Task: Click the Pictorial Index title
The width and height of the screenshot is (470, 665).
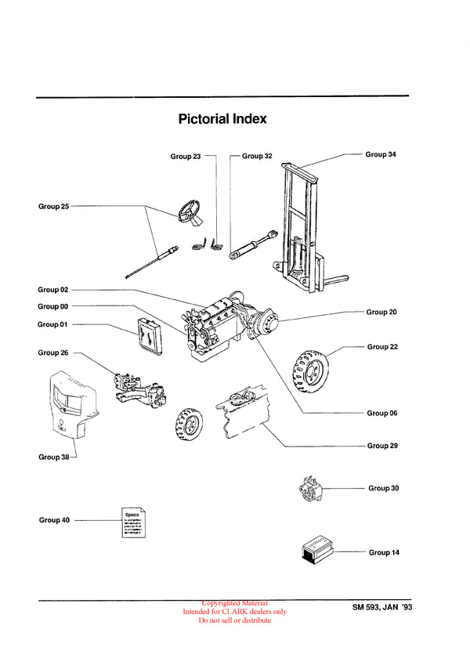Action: coord(222,119)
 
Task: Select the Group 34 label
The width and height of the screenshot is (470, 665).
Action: coord(381,154)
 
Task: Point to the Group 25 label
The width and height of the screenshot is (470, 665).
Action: coord(54,207)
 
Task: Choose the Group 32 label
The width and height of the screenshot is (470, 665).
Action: coord(257,156)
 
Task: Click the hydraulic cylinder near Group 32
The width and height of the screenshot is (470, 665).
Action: coord(252,245)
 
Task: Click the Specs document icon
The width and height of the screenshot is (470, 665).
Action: coord(133,521)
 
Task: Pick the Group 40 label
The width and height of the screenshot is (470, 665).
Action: coord(54,519)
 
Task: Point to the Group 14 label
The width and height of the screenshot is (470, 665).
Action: coord(384,552)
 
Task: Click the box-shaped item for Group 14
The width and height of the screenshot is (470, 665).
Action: coord(321,551)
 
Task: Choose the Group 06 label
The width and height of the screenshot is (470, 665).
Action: coord(382,413)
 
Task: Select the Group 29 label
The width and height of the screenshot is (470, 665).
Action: coord(383,446)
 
